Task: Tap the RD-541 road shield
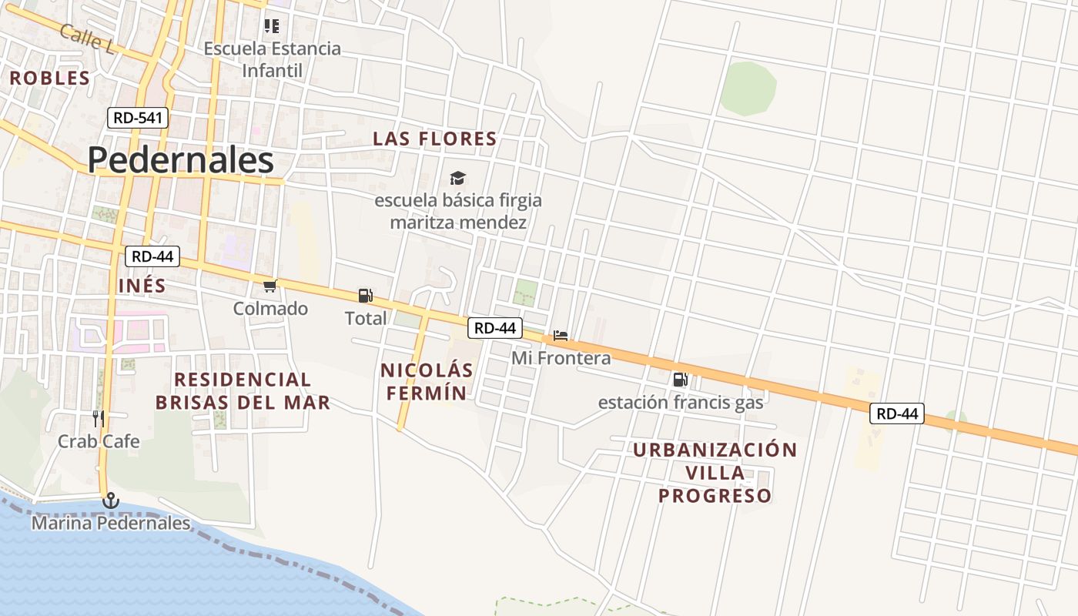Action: coord(137,118)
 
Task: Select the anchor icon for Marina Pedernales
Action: coord(111,501)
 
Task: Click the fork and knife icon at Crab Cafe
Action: coord(99,419)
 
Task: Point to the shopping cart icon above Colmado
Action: coord(269,286)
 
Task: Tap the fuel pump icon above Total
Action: coord(365,296)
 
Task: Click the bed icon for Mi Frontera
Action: coord(561,336)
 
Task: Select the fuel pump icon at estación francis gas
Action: coord(680,379)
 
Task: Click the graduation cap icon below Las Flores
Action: coord(458,179)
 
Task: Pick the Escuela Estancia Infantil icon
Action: coord(271,26)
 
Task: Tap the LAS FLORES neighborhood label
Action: coord(435,139)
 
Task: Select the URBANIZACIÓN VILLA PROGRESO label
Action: coord(715,473)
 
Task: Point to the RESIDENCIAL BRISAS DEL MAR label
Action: coord(243,390)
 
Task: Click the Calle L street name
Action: coord(87,38)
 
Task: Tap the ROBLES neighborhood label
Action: coord(50,78)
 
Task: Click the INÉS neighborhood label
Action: coord(142,286)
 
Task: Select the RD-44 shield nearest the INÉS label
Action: coord(152,256)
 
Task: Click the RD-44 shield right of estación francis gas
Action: coord(896,413)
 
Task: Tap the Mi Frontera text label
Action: coord(561,358)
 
